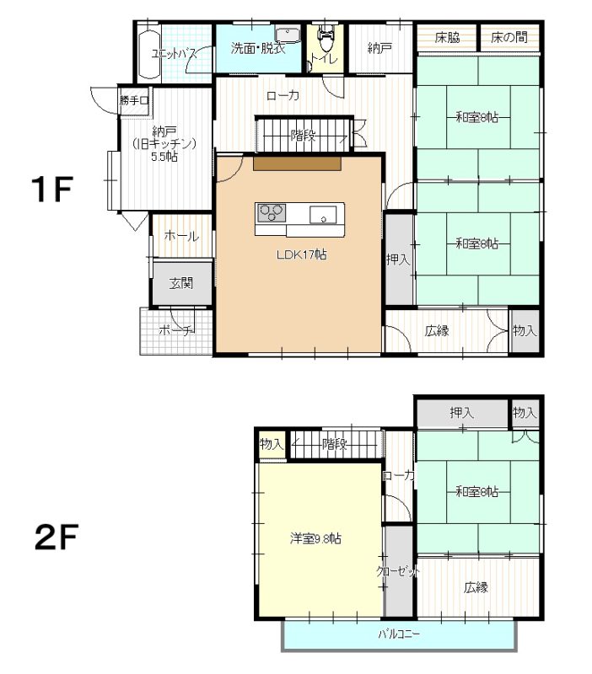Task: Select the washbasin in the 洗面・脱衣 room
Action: pyautogui.click(x=288, y=35)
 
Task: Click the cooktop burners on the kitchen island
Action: pyautogui.click(x=272, y=213)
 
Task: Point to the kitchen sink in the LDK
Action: pyautogui.click(x=323, y=215)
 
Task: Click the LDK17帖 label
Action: pyautogui.click(x=301, y=254)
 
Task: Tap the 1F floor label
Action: pyautogui.click(x=51, y=190)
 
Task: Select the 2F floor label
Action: pyautogui.click(x=56, y=537)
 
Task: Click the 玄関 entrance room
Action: pyautogui.click(x=181, y=283)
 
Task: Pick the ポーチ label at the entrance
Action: pyautogui.click(x=176, y=330)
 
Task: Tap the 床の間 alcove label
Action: pyautogui.click(x=509, y=37)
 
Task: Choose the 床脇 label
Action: pyautogui.click(x=447, y=37)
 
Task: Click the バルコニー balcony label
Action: pyautogui.click(x=399, y=634)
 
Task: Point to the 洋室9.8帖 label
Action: pyautogui.click(x=315, y=538)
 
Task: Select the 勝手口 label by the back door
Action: pyautogui.click(x=134, y=100)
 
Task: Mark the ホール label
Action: pyautogui.click(x=181, y=236)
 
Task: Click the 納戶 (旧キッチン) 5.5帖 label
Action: pyautogui.click(x=164, y=143)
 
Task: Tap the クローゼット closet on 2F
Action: pyautogui.click(x=398, y=571)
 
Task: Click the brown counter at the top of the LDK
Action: pyautogui.click(x=298, y=163)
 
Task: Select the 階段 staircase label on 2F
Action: pyautogui.click(x=335, y=444)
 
